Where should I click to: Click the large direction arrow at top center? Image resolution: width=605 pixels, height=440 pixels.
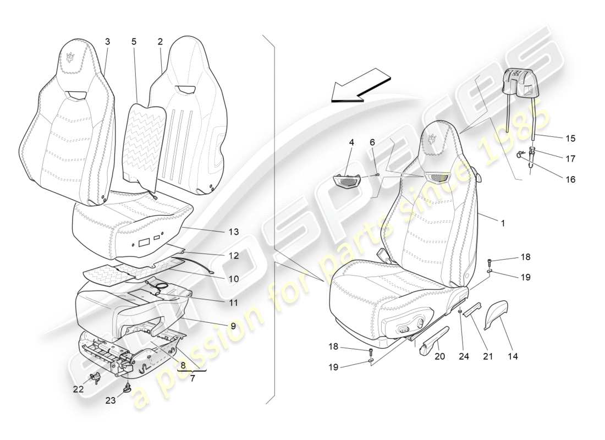(360, 86)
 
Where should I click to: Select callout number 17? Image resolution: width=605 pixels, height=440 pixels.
(570, 158)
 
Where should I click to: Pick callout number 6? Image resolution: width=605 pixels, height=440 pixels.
(372, 142)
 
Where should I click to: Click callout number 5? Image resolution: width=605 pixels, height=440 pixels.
(134, 42)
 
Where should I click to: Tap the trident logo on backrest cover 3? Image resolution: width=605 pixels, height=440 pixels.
(70, 57)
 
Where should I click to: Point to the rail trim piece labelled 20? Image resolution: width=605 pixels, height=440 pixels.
(435, 342)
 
